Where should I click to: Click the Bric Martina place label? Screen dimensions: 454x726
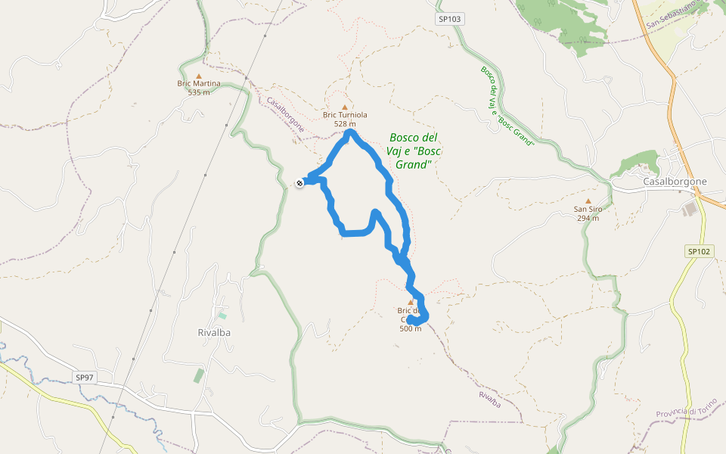[199, 83]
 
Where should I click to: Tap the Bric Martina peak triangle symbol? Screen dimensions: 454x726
[199, 76]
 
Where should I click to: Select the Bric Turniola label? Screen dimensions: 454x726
[345, 115]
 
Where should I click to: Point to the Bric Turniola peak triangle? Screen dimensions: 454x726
[345, 107]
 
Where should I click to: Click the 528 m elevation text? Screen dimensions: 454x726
[345, 124]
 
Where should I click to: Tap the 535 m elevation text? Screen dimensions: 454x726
[199, 92]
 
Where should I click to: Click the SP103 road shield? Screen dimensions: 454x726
[448, 18]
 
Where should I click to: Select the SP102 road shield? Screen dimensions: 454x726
[700, 251]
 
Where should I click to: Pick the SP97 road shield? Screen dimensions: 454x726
[85, 377]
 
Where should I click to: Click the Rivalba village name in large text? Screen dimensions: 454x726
[213, 332]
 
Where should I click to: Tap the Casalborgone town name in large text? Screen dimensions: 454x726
[675, 182]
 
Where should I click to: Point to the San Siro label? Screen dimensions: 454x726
[588, 209]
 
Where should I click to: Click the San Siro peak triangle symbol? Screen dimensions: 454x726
[588, 201]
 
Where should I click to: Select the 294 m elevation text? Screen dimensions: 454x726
[588, 218]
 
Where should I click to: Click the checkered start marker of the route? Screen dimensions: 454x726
[300, 182]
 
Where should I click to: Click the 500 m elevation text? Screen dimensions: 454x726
[411, 328]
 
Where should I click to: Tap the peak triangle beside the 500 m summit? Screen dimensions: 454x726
[411, 302]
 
